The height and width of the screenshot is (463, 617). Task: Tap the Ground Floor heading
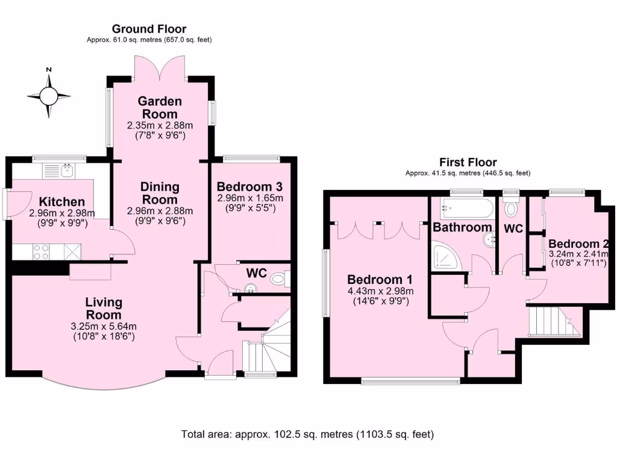pos(149,29)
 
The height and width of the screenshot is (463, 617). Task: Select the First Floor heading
pos(468,162)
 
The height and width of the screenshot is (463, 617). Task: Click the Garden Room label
pos(160,107)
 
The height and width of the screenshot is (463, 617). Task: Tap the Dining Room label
pos(160,192)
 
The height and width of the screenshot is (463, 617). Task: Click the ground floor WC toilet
pos(278,279)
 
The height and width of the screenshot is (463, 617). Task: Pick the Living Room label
pos(104,308)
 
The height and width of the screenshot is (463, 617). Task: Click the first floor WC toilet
pos(512,209)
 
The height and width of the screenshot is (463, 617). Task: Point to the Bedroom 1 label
pos(380,280)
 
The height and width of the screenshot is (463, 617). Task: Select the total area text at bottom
pos(307,434)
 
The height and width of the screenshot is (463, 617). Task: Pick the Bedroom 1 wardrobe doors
pos(378,230)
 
